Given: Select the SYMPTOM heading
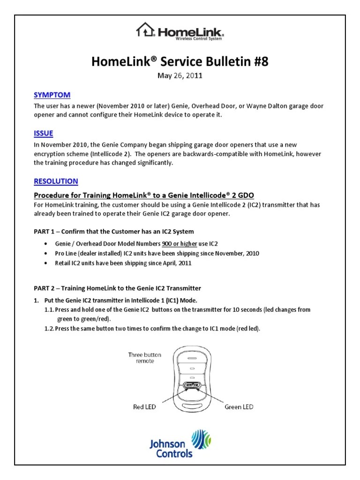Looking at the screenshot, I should pos(52,95).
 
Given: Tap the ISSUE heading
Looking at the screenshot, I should pos(43,134).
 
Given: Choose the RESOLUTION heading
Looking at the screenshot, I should pos(56,181).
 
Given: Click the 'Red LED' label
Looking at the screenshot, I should pos(144,407).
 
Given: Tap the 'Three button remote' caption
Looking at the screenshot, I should pos(144,359).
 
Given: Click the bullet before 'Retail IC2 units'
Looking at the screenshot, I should pos(45,263).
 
